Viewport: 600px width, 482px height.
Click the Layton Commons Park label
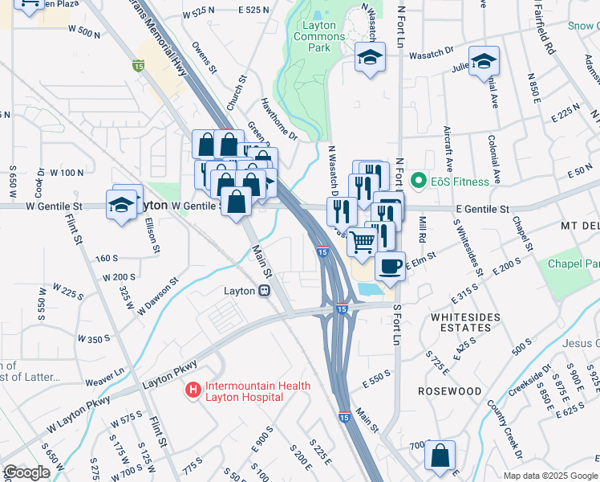pos(319,36)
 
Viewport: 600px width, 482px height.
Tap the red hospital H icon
pos(193,391)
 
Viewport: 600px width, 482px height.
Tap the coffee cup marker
pos(390,266)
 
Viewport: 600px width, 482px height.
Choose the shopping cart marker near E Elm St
pos(363,240)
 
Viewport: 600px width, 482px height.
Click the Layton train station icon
pos(263,292)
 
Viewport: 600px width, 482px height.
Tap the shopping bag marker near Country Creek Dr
pos(440,455)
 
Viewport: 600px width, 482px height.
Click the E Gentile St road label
pos(482,209)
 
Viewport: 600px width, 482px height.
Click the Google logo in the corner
pos(26,472)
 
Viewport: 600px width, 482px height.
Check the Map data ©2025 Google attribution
pos(549,476)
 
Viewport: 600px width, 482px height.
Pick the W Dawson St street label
pos(156,296)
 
